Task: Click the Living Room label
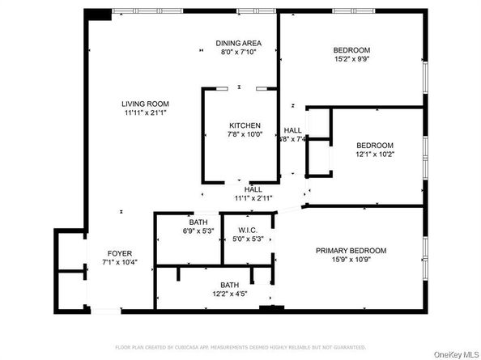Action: (x=145, y=103)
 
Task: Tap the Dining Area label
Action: (x=237, y=43)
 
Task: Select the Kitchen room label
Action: (x=245, y=125)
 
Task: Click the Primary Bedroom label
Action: (x=351, y=251)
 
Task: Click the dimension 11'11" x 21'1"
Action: (x=145, y=112)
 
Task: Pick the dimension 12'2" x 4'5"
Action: (x=229, y=294)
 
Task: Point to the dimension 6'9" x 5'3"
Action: (x=199, y=231)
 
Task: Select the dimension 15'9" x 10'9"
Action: (x=351, y=260)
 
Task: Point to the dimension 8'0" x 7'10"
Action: (x=237, y=52)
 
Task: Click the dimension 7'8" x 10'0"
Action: (x=245, y=135)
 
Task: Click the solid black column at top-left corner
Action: (x=99, y=15)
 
